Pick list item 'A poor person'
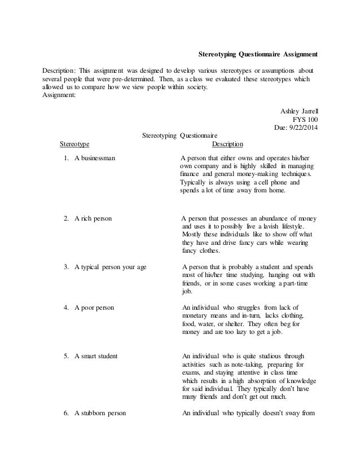(94, 308)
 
